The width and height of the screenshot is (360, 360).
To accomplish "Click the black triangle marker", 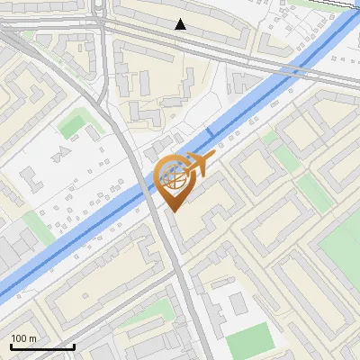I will tap(181, 24).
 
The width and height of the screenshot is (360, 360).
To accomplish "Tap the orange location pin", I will tap(174, 181).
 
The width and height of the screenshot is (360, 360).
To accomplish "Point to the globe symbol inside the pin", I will tap(175, 177).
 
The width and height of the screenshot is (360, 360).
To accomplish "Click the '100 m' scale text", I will tap(24, 338).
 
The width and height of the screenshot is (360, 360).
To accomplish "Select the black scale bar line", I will tap(41, 346).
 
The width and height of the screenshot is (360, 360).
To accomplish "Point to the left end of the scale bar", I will tap(10, 346).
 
